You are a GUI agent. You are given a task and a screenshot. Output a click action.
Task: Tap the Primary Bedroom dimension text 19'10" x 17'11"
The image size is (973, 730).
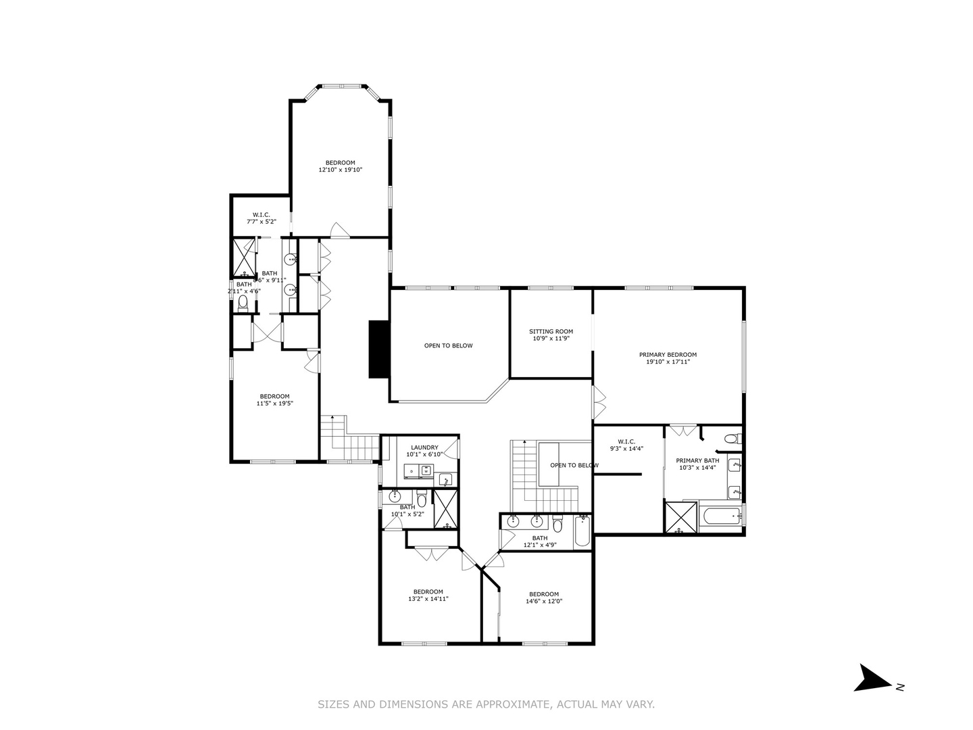tap(668, 362)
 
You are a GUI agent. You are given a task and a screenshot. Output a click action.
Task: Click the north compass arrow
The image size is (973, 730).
tap(872, 678)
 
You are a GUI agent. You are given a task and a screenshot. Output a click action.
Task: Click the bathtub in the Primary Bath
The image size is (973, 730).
tap(718, 518)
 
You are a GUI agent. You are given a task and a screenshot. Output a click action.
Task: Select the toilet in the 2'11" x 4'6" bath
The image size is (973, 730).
tap(243, 303)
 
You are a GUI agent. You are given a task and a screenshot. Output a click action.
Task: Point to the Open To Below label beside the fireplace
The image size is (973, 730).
tap(448, 345)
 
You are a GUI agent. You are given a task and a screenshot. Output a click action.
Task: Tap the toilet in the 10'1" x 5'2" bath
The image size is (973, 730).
tap(421, 500)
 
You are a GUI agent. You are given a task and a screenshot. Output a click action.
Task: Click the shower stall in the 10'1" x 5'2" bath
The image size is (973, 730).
tap(445, 509)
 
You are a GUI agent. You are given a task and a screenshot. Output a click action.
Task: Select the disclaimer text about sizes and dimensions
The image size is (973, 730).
tap(486, 704)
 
